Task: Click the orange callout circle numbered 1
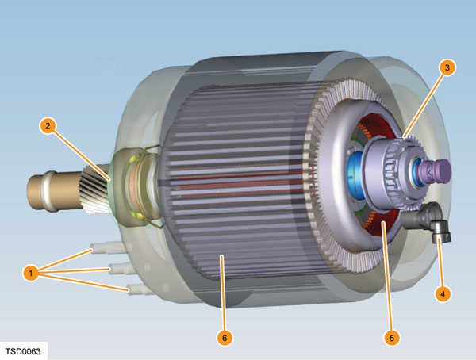(31, 273)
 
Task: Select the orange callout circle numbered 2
(48, 125)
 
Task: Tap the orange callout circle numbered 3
(447, 67)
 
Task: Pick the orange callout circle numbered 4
(443, 293)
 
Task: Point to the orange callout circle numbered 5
(392, 338)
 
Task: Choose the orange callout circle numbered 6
(225, 338)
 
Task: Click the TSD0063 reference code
(23, 351)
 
